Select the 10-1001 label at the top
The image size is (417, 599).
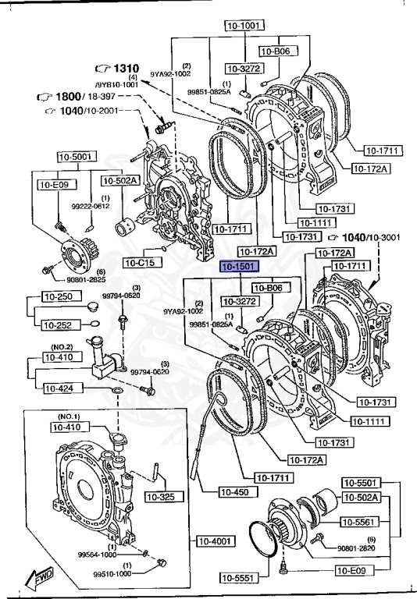[x=242, y=25]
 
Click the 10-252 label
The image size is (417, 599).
[x=59, y=324]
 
